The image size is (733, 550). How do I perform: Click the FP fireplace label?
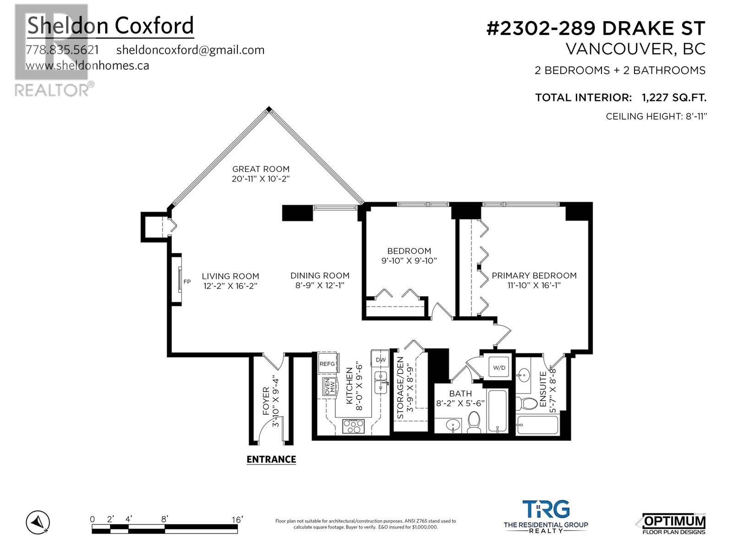point(187,281)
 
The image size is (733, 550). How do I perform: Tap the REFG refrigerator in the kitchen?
point(328,363)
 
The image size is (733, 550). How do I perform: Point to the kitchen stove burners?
point(354,427)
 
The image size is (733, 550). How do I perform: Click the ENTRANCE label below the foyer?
point(271,459)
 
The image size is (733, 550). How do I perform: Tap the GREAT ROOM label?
point(261,169)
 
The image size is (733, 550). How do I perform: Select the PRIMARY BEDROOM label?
point(534,275)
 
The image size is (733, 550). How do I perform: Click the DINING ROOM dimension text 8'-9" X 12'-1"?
point(320,285)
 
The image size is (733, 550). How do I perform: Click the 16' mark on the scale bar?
point(237,520)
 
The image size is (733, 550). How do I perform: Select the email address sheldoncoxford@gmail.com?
point(190,50)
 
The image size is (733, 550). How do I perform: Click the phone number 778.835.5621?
point(62,50)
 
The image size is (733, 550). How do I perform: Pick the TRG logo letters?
point(546,509)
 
